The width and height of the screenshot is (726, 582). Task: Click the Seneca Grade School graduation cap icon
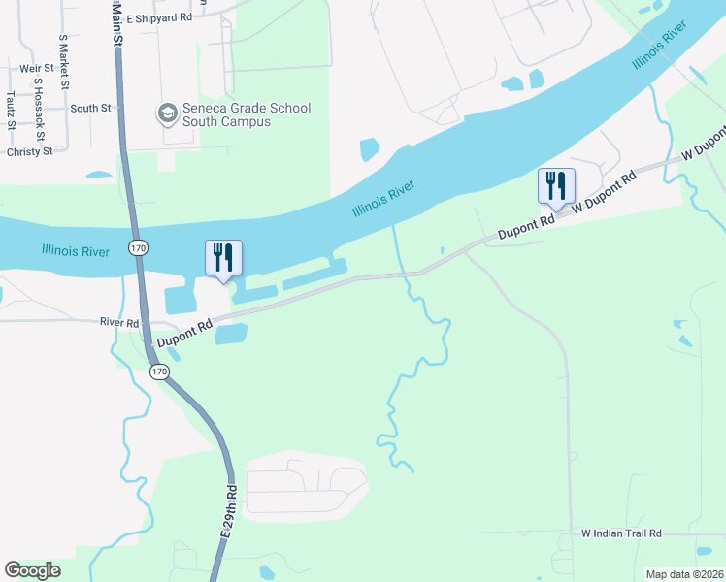[167, 114]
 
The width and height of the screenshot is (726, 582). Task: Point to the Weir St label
[35, 68]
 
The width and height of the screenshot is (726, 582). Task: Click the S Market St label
[63, 60]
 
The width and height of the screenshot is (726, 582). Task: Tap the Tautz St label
[10, 110]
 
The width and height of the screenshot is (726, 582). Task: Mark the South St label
[90, 108]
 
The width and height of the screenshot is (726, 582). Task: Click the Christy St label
[29, 151]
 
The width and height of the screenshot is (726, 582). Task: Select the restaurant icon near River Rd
[224, 258]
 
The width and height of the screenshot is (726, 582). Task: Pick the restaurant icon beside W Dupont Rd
[556, 185]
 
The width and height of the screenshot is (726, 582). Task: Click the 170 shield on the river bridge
[139, 249]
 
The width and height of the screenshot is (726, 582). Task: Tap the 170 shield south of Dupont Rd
[158, 372]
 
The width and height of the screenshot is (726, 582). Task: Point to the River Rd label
[120, 322]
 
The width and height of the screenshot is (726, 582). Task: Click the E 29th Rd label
[229, 511]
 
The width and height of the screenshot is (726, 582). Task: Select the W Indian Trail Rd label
[621, 533]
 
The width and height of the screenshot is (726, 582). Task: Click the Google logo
[32, 570]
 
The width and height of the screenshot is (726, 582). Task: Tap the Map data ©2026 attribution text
[684, 574]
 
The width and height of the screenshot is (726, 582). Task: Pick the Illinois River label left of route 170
[76, 250]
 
